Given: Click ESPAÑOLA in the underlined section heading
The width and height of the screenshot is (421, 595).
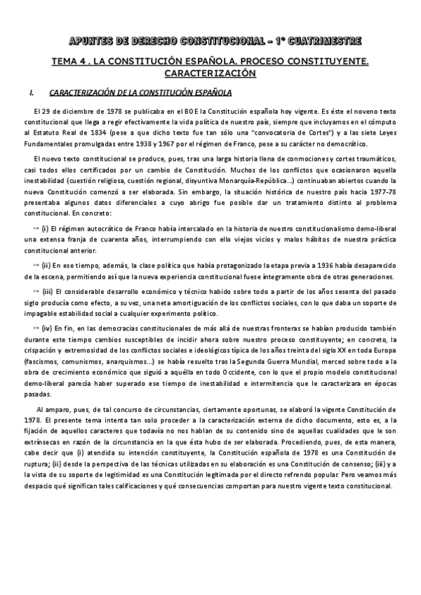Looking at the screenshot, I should click(199, 92).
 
